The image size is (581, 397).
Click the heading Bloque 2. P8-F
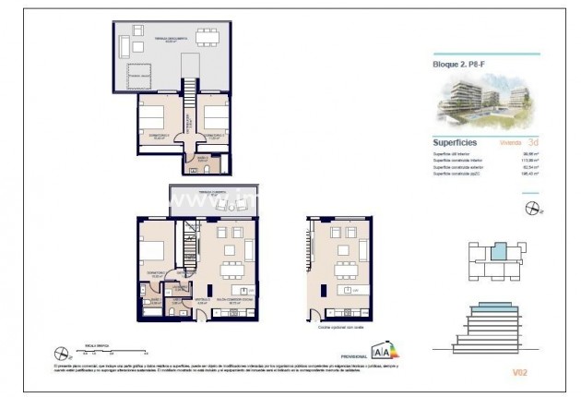pyautogui.click(x=459, y=65)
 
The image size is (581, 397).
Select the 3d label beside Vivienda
pyautogui.click(x=533, y=143)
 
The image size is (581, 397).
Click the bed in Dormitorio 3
pyautogui.click(x=152, y=119)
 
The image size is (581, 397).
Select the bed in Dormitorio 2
pyautogui.click(x=215, y=119)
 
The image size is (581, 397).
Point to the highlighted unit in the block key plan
pyautogui.click(x=498, y=251)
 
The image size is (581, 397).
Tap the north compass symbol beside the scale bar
pyautogui.click(x=62, y=351)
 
